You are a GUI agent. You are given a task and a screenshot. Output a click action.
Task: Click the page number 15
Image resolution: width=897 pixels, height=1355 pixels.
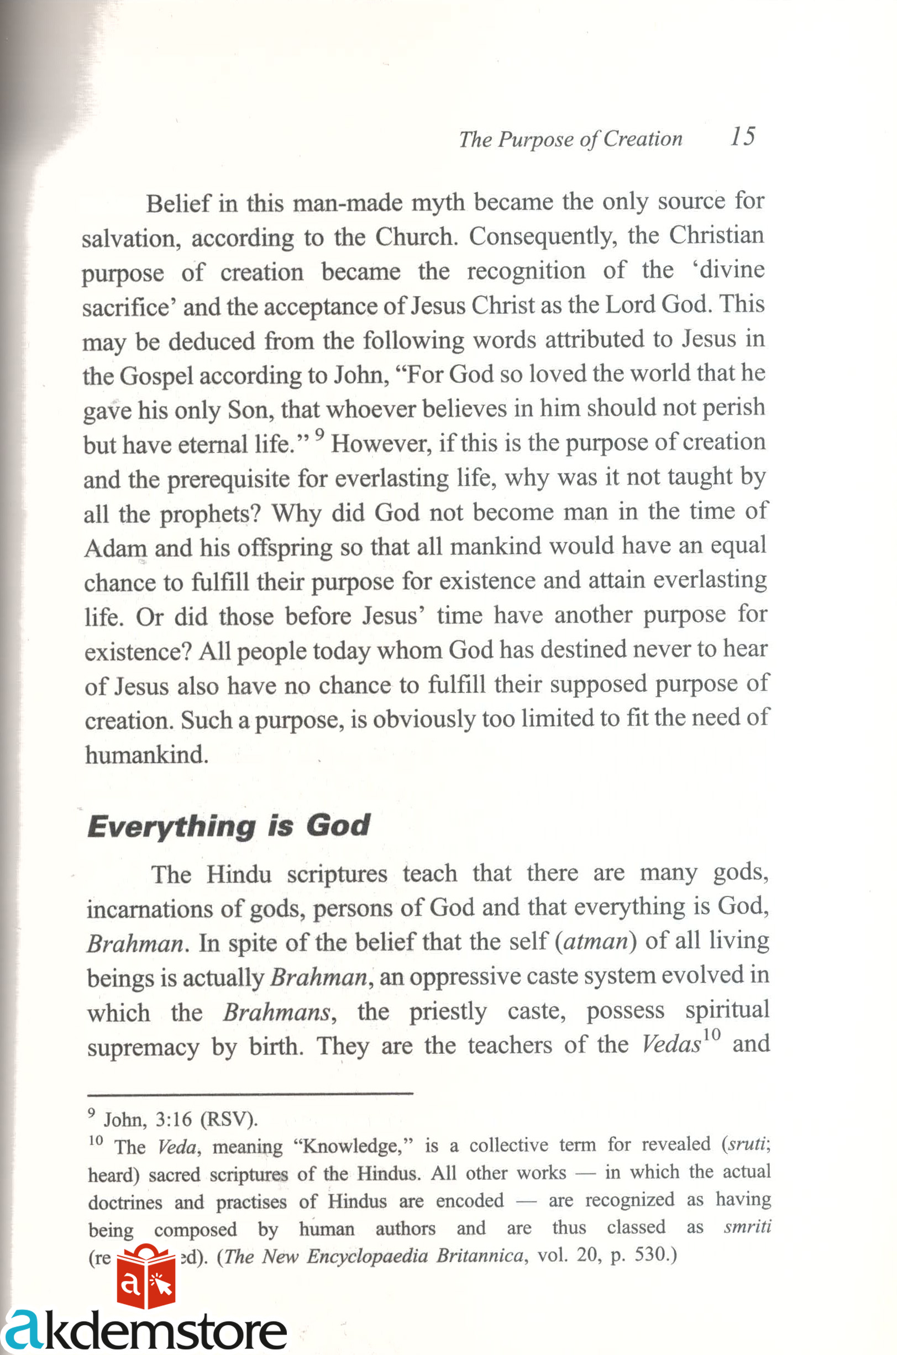click(743, 136)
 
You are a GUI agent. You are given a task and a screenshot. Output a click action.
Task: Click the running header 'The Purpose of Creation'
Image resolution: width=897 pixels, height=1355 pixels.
click(570, 139)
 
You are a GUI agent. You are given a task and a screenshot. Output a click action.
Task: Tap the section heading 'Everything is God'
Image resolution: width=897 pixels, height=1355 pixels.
click(228, 827)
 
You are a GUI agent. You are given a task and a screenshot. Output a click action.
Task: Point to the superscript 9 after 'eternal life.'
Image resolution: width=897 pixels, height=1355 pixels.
click(320, 435)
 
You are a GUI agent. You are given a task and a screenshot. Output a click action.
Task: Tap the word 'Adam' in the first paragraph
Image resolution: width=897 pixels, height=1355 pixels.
click(115, 549)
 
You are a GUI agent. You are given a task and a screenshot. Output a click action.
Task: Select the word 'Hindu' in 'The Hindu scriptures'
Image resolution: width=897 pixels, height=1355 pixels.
click(239, 875)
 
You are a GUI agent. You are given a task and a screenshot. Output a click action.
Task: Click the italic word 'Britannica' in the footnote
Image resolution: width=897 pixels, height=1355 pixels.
click(479, 1256)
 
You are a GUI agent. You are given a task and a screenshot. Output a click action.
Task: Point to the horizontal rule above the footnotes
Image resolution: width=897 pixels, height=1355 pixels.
click(250, 1094)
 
